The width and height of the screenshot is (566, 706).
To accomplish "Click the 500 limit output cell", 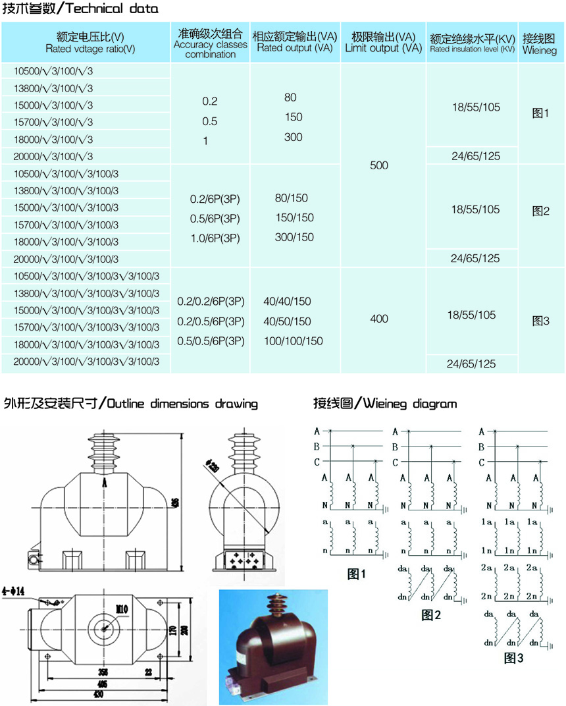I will (x=379, y=165).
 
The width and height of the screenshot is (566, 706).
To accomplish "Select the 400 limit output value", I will (x=379, y=319).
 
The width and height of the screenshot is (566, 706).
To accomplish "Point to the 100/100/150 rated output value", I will (x=293, y=340).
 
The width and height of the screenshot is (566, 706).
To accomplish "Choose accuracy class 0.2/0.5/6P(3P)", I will (x=211, y=321).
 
